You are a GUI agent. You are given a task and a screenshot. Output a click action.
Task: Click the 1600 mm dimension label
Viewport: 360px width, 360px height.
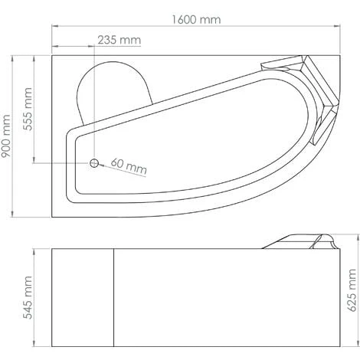click(x=196, y=20)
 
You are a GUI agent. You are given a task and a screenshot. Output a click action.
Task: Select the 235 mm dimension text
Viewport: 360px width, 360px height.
click(x=119, y=40)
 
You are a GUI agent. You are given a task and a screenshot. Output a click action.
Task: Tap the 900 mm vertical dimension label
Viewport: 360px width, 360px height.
click(x=6, y=136)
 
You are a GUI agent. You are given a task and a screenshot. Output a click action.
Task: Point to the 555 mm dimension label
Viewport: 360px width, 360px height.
click(x=28, y=109)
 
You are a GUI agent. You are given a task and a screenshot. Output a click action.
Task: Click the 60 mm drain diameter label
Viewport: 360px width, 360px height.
click(x=129, y=166)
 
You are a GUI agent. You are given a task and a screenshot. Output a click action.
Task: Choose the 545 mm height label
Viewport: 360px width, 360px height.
click(x=28, y=297)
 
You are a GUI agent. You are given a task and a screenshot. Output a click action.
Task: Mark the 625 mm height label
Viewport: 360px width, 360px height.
click(x=352, y=290)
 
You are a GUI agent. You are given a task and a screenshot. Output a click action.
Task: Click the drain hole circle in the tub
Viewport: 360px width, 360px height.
click(x=94, y=163)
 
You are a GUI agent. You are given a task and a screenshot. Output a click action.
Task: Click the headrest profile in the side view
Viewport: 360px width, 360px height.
click(x=301, y=241)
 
